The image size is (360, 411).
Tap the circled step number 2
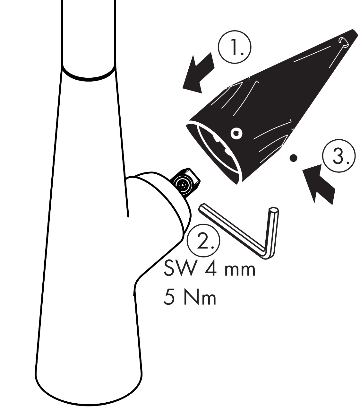[x=203, y=240]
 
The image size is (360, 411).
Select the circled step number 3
[x=339, y=156]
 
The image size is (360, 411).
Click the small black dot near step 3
[x=293, y=158]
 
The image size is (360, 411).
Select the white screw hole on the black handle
[x=237, y=134]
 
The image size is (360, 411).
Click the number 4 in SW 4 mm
[x=210, y=269]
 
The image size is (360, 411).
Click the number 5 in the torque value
[x=169, y=298]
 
